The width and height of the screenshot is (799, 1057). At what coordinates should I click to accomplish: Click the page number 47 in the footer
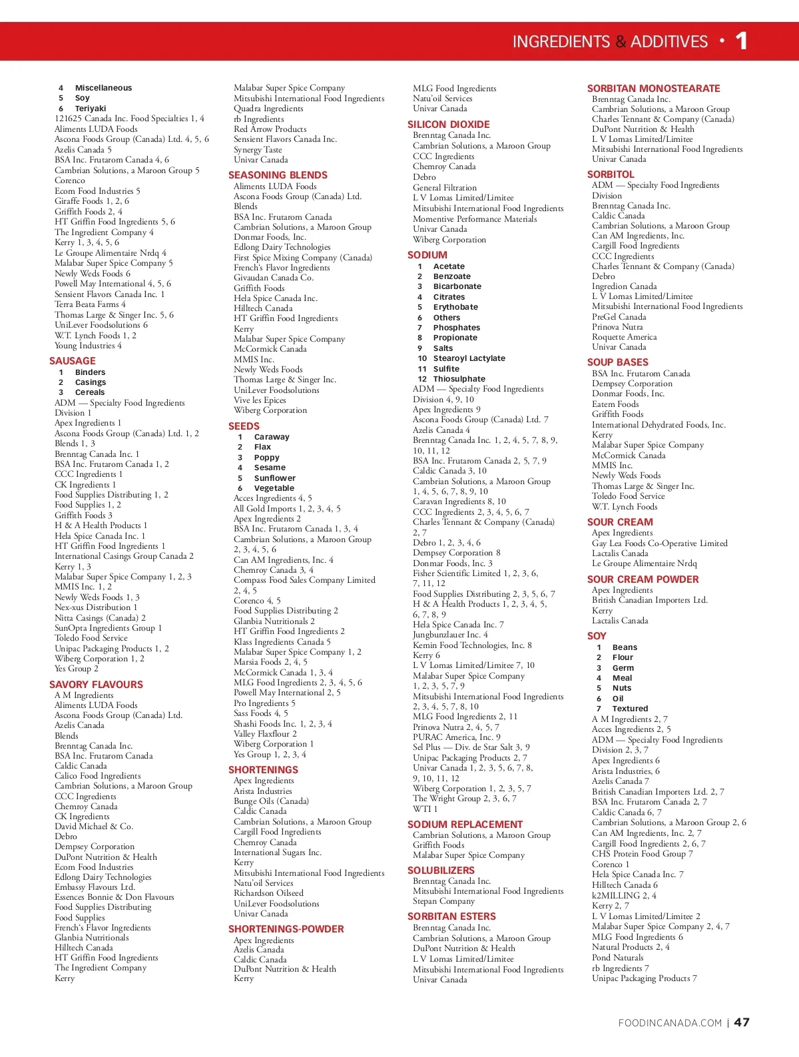(742, 1022)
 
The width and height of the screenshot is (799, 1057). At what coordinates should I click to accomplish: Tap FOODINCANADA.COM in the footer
(670, 1023)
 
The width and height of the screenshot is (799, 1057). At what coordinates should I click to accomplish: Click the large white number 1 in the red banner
(742, 41)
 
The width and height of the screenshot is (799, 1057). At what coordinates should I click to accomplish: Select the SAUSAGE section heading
(73, 361)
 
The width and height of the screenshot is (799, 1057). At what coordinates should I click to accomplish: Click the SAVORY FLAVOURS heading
(96, 685)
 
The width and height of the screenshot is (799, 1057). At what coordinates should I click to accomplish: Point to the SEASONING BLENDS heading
(278, 175)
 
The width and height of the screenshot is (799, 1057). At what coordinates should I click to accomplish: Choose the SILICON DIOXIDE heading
(448, 125)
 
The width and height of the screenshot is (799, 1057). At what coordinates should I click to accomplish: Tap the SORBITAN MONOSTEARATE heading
(653, 89)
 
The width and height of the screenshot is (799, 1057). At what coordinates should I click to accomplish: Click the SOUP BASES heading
(617, 362)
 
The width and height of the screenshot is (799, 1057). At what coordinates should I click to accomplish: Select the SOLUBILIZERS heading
(441, 871)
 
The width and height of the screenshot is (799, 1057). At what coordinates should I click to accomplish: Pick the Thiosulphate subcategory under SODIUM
(459, 379)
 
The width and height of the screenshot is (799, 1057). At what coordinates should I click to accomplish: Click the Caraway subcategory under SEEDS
(272, 437)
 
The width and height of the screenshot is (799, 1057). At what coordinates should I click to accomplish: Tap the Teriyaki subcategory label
(91, 109)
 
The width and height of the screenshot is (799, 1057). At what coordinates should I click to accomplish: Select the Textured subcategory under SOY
(630, 709)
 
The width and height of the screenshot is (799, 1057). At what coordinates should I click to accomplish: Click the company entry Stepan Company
(443, 901)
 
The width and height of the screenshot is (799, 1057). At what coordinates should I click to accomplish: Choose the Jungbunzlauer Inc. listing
(450, 635)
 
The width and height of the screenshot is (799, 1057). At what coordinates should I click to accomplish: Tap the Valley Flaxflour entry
(265, 734)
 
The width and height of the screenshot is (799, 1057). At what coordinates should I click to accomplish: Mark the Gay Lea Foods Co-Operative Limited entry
(659, 543)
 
